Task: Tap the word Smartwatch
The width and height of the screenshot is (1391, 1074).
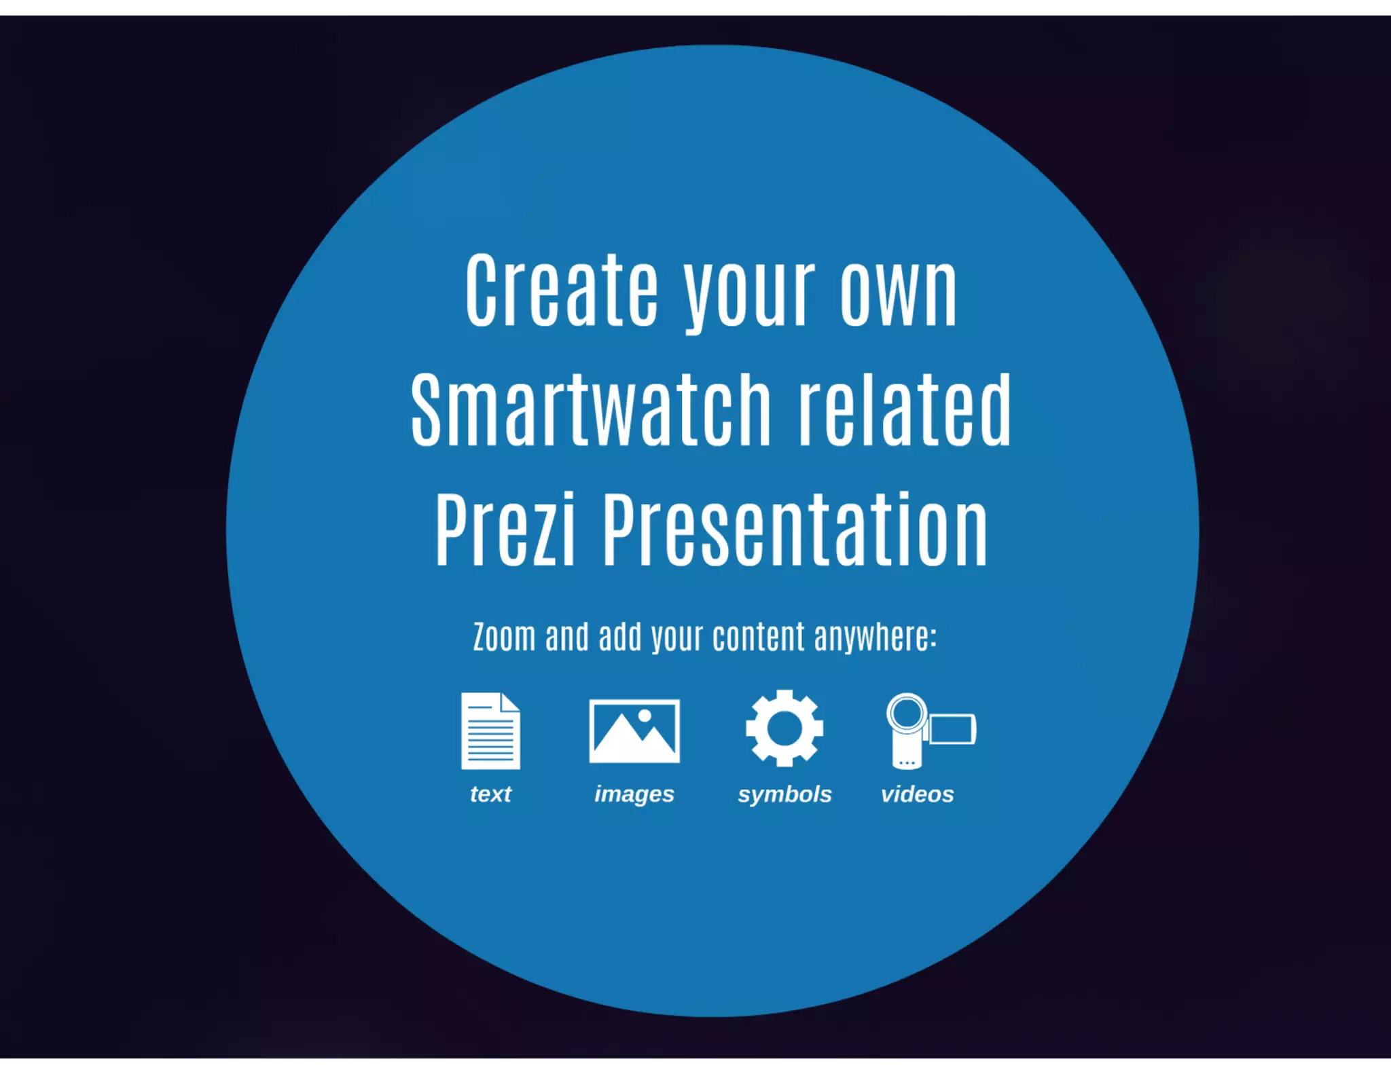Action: pyautogui.click(x=591, y=410)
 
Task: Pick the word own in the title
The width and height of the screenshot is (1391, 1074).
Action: pyautogui.click(x=899, y=292)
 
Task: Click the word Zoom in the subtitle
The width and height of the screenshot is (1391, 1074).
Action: pyautogui.click(x=504, y=637)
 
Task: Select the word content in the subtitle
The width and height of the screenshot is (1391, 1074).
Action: pyautogui.click(x=759, y=637)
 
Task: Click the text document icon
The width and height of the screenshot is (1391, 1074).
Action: pyautogui.click(x=490, y=730)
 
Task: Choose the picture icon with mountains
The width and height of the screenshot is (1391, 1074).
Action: pyautogui.click(x=634, y=730)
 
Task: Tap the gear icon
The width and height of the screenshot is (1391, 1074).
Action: pyautogui.click(x=784, y=728)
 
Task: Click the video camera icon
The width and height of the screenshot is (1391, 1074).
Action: pyautogui.click(x=930, y=730)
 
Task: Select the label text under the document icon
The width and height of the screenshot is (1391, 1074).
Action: pyautogui.click(x=490, y=794)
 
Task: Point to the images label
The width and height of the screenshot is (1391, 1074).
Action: pyautogui.click(x=634, y=794)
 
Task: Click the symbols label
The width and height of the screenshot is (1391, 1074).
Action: pyautogui.click(x=784, y=794)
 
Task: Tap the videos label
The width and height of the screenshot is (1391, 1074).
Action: pyautogui.click(x=917, y=794)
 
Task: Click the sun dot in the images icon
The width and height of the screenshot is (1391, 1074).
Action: pyautogui.click(x=645, y=715)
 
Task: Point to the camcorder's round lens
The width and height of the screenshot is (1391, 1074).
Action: pyautogui.click(x=907, y=713)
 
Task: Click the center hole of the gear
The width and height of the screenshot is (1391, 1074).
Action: pyautogui.click(x=784, y=728)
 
